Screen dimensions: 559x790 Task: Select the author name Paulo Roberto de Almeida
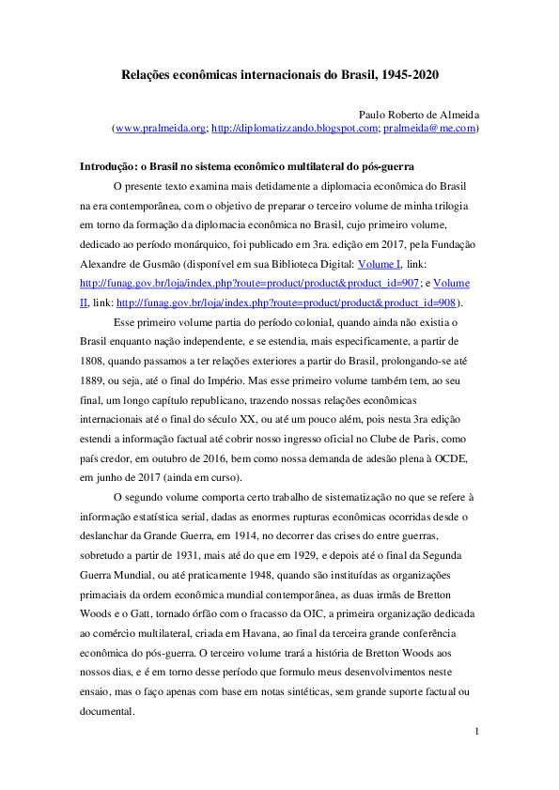point(419,113)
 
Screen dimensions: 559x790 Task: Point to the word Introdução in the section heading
point(107,165)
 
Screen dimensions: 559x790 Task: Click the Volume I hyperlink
point(380,264)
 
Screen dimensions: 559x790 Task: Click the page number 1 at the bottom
point(476,731)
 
